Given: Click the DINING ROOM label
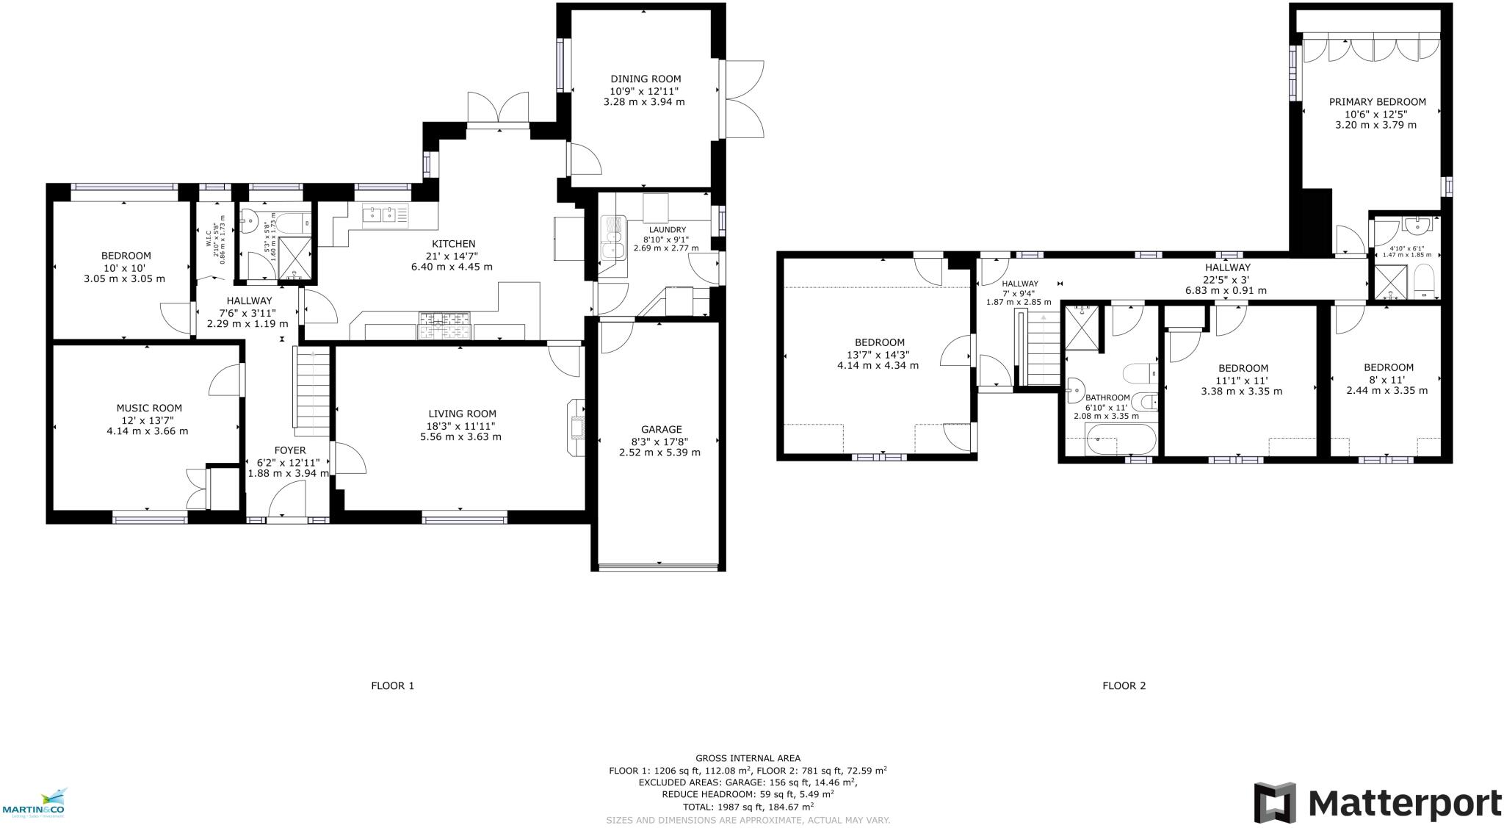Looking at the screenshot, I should tap(646, 79).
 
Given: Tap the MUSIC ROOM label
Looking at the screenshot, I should tap(149, 408).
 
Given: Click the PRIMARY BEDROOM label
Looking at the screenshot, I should tap(1377, 102).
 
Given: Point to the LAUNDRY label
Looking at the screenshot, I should tap(667, 230).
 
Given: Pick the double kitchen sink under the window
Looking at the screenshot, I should tap(385, 214).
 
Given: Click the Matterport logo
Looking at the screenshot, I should tap(1377, 802).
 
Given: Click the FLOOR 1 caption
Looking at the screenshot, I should tap(392, 685).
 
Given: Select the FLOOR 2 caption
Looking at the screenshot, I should tap(1124, 685).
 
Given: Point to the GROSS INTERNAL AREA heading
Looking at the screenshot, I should tap(748, 758).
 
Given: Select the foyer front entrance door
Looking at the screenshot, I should tap(286, 505).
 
